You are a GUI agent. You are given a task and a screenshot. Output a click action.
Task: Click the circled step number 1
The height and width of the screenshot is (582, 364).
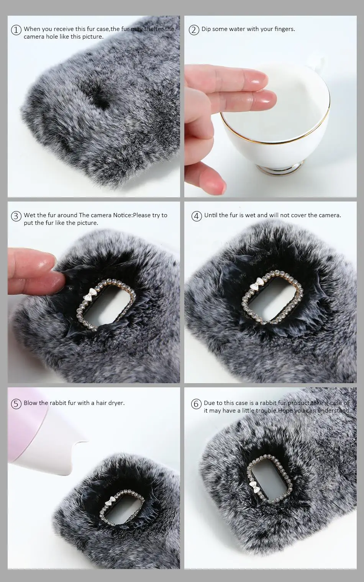[x=16, y=30]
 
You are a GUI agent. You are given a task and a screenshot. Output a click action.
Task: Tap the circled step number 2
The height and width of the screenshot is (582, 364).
[x=194, y=30]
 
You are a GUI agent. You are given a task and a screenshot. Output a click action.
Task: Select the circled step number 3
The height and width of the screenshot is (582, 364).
[x=16, y=216]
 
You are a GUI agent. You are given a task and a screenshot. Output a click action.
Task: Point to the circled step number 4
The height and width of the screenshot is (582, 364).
[x=197, y=216]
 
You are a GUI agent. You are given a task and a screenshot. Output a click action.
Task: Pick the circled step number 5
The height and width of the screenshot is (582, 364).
[x=16, y=404]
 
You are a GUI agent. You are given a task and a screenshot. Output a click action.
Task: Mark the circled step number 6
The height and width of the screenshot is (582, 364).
[x=196, y=404]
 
